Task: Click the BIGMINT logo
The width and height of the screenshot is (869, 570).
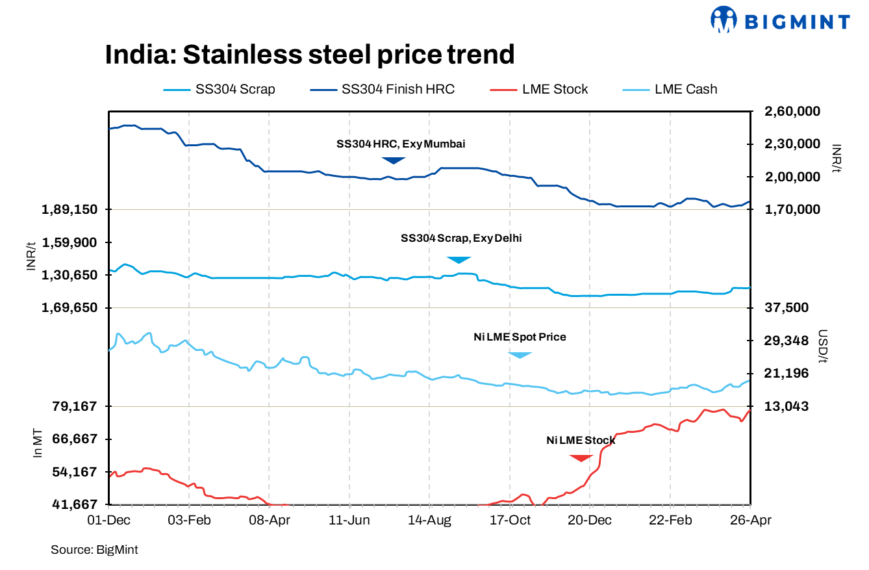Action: [x=780, y=21]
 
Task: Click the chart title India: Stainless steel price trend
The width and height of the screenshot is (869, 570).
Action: [x=309, y=55]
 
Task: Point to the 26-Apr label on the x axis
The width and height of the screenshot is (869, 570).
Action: [x=750, y=521]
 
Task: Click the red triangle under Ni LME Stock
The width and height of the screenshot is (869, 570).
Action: [x=581, y=458]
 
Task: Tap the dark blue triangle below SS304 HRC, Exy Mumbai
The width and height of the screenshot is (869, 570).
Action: [x=393, y=160]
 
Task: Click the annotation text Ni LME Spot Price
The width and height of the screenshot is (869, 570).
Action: [x=520, y=337]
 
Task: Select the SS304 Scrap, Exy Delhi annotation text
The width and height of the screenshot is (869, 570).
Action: [x=461, y=239]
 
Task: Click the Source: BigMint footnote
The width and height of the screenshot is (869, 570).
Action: [x=94, y=550]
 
